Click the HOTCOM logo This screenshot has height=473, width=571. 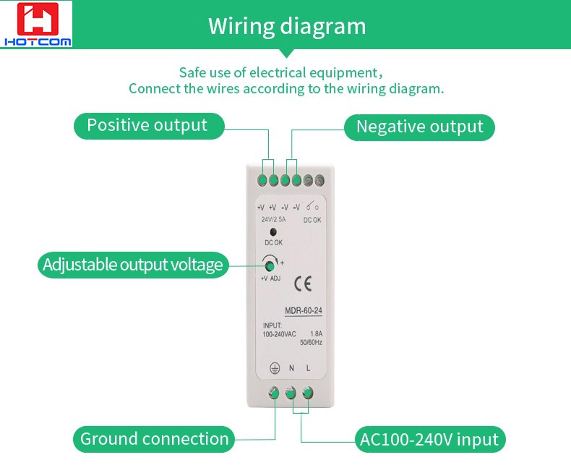click(36, 24)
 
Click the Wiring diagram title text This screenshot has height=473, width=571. click(287, 26)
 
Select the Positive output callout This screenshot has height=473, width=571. click(149, 126)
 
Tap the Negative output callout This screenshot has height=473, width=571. click(419, 127)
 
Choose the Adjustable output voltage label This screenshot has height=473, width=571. click(133, 265)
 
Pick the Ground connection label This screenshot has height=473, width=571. click(154, 439)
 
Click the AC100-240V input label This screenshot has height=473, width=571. click(430, 440)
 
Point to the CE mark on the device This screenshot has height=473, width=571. click(303, 284)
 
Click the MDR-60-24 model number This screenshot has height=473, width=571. click(304, 311)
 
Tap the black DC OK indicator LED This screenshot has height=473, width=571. click(272, 231)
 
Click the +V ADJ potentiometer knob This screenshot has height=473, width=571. click(270, 266)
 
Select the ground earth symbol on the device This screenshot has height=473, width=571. click(275, 368)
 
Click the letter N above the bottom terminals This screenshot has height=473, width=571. click(291, 368)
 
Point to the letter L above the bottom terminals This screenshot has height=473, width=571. click(308, 368)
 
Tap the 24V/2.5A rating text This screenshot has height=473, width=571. click(273, 219)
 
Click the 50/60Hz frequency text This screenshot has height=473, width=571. click(311, 343)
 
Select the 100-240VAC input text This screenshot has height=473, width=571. click(279, 334)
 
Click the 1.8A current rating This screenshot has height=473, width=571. click(316, 334)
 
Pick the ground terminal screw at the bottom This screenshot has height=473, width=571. click(273, 393)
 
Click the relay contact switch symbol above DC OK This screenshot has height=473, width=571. click(312, 206)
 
